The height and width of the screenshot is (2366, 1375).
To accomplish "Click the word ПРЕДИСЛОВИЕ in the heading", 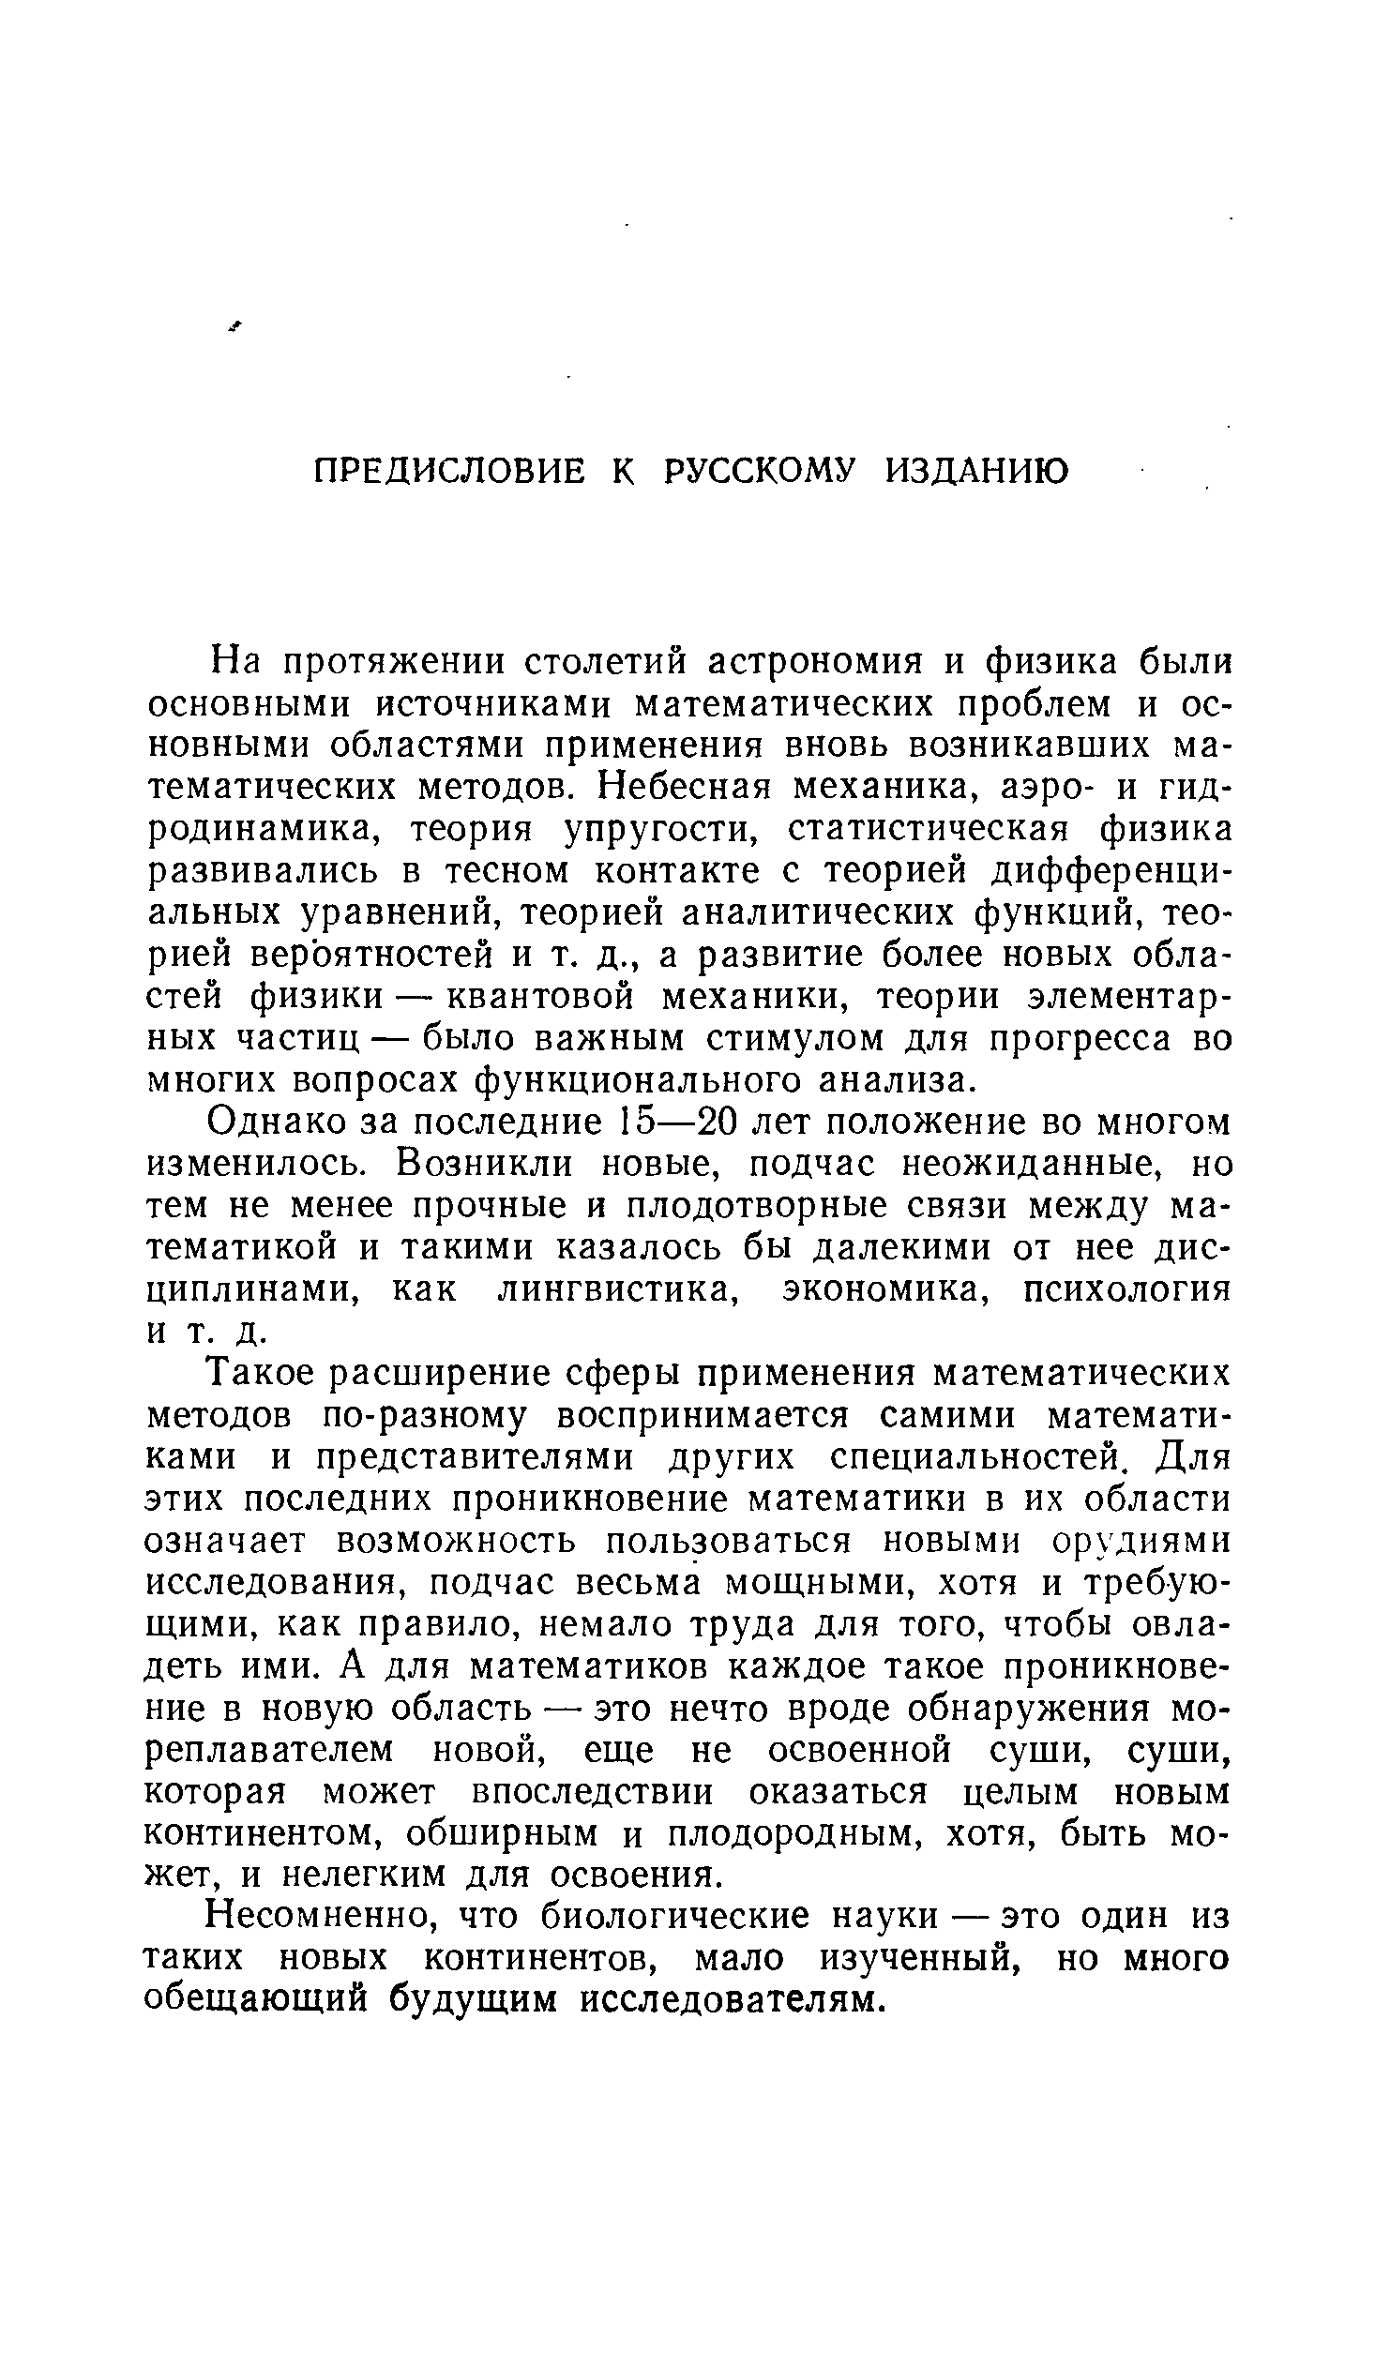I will [x=448, y=471].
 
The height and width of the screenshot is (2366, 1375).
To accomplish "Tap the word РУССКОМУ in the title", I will [x=760, y=471].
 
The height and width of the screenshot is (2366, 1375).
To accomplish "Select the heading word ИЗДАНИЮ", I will [x=976, y=471].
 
